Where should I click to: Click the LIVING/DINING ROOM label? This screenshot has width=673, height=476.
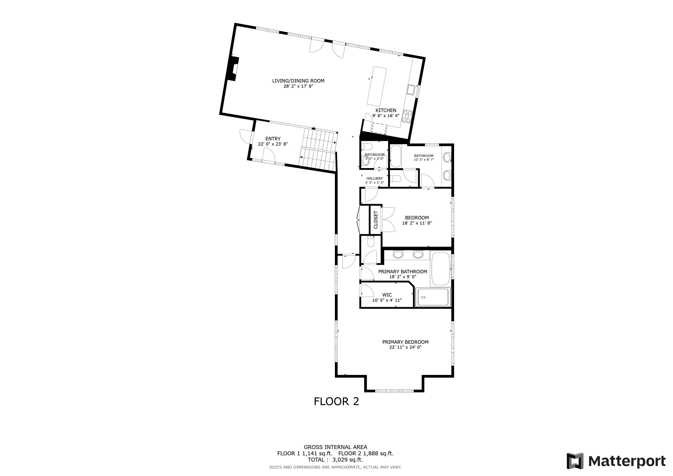[x=298, y=81]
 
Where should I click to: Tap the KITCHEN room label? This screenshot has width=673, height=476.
[x=386, y=110]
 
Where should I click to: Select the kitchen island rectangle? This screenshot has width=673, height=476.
[x=377, y=86]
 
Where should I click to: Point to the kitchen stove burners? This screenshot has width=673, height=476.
[x=407, y=116]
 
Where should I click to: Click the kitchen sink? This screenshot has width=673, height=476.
[x=410, y=90]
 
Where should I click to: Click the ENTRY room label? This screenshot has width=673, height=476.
[x=273, y=139]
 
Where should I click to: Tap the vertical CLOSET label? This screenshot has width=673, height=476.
[x=376, y=220]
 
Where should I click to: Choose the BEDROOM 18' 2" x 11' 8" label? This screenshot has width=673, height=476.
[x=417, y=220]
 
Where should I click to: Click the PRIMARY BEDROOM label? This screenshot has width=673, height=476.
[x=405, y=342]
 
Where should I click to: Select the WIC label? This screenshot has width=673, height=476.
[x=387, y=295]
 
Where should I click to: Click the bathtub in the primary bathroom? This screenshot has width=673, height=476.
[x=441, y=268]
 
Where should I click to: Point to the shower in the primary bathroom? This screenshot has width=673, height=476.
[x=433, y=297]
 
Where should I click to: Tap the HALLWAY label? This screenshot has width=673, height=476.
[x=375, y=178]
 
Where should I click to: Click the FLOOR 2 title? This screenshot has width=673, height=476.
[x=336, y=402]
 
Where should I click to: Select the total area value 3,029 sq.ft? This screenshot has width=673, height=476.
[x=348, y=460]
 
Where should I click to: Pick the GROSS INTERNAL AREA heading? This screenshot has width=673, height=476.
[x=335, y=447]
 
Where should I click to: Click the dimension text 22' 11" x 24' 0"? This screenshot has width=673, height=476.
[x=405, y=347]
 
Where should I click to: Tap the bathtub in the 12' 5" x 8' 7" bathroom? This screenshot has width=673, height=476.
[x=396, y=156]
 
